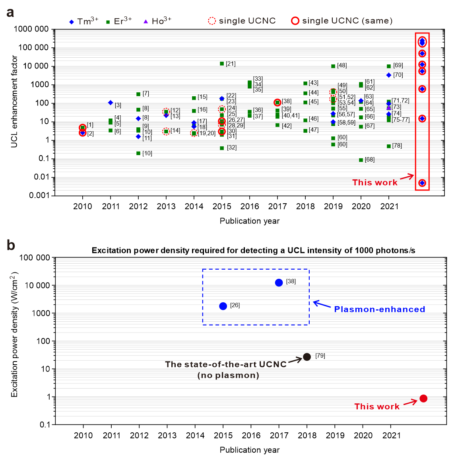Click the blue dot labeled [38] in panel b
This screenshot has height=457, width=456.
279,282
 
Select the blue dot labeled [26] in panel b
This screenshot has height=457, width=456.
223,306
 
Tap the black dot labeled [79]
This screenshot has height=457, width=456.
307,357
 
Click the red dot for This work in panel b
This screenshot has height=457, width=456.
423,399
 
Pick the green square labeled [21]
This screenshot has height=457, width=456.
222,64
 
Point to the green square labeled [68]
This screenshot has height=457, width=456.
361,160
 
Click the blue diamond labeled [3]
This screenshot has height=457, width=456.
111,103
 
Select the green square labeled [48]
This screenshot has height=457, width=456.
333,66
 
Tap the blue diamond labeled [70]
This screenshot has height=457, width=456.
389,75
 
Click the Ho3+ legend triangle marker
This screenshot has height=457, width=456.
146,21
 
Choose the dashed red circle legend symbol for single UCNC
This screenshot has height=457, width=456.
212,21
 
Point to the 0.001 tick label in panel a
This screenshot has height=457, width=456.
39,195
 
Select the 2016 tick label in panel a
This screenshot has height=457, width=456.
250,206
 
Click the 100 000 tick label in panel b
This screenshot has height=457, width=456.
35,258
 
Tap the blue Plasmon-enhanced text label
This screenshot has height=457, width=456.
379,309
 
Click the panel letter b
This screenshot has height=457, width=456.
11,245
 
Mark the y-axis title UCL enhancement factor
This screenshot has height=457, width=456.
15,101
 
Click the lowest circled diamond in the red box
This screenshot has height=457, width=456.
422,183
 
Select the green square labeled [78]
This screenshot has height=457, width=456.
389,146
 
